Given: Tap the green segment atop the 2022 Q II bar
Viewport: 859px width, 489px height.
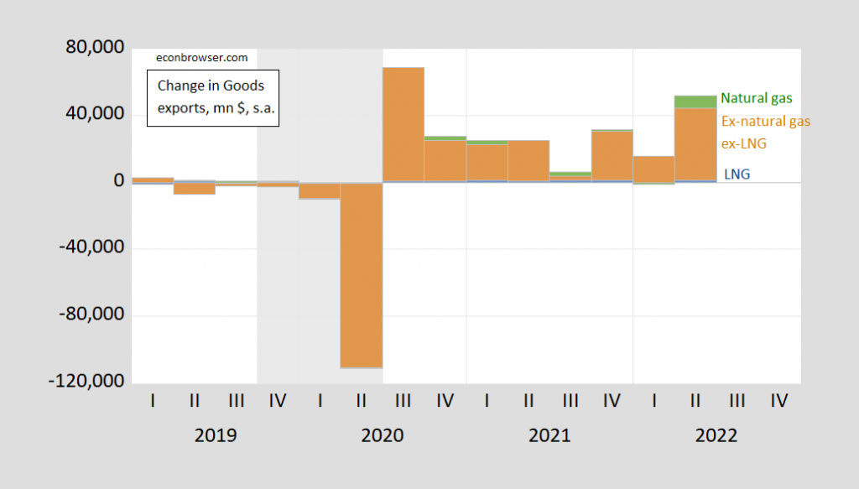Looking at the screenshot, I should tap(695, 101).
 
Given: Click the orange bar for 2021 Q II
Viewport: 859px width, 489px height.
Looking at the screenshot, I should tap(528, 160).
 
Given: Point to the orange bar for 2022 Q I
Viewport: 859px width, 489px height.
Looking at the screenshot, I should tap(654, 169).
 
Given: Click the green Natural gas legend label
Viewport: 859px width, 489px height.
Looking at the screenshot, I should tap(756, 99).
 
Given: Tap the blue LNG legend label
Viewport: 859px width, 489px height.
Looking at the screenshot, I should tap(737, 174).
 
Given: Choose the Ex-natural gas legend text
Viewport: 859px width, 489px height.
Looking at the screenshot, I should tap(765, 122).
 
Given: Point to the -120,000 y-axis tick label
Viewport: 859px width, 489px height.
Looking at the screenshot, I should tap(87, 382).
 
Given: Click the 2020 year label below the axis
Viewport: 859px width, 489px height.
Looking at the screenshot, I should tap(383, 436).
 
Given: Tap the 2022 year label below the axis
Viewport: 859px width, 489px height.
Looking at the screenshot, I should tap(716, 436).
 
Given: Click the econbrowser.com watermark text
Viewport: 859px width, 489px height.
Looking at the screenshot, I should tap(202, 58).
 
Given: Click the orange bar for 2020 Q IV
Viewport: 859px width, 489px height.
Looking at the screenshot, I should tap(445, 160).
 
